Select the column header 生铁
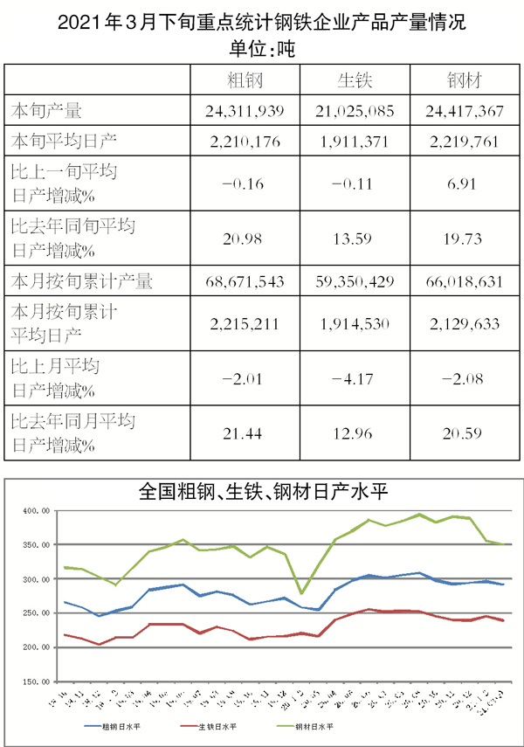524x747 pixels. [355, 80]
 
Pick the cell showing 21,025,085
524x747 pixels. [355, 111]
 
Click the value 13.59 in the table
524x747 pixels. [355, 239]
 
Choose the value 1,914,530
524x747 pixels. [355, 324]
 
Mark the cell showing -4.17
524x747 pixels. [355, 377]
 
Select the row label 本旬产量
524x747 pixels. [45, 111]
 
